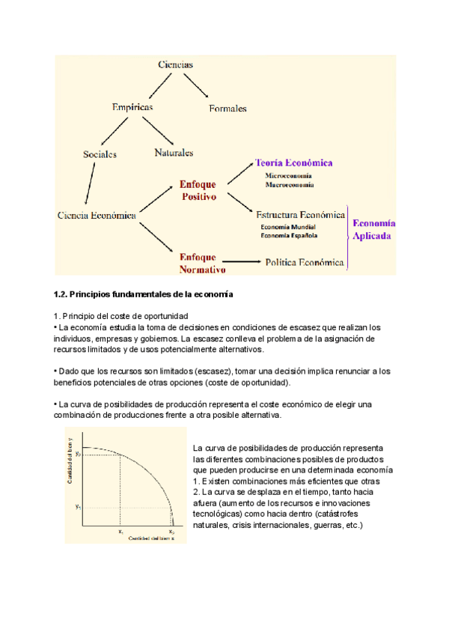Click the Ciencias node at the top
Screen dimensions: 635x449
176,64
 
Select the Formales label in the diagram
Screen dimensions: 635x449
227,109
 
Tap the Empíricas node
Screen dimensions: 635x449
132,108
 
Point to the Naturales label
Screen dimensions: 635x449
174,152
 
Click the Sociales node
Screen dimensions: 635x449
100,154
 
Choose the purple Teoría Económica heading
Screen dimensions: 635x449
293,162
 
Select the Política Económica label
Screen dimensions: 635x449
305,263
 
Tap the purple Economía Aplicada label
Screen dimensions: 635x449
374,229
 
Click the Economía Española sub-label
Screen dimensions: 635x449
289,236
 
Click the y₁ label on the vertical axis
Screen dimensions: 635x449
77,507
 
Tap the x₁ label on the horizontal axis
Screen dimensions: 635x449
120,531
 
